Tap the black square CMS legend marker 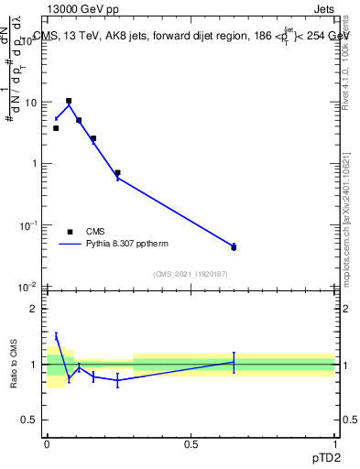[x=70, y=232]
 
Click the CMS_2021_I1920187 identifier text [x=191, y=273]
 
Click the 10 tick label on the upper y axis [x=31, y=103]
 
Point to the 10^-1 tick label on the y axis [x=29, y=225]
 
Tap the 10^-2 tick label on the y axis [x=29, y=287]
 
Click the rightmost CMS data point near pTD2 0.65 [x=234, y=247]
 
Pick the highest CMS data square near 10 [x=69, y=101]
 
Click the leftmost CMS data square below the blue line [x=56, y=128]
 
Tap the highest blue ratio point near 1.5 [x=56, y=336]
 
